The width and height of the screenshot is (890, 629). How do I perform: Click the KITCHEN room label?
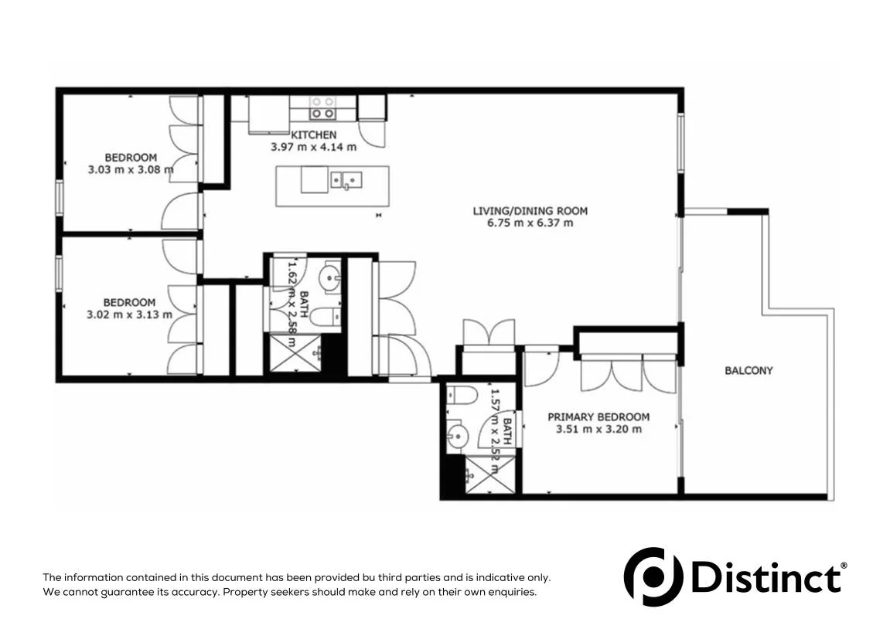pyautogui.click(x=313, y=135)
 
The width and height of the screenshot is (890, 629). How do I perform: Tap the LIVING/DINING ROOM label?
pyautogui.click(x=530, y=210)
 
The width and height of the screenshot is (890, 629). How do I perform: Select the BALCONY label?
pyautogui.click(x=748, y=370)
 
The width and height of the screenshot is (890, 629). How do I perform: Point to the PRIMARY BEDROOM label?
pyautogui.click(x=598, y=417)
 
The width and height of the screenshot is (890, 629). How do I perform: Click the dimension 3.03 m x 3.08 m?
pyautogui.click(x=128, y=169)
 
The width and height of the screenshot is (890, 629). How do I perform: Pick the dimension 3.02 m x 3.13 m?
pyautogui.click(x=128, y=314)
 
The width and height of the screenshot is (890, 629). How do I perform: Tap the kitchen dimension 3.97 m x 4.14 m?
pyautogui.click(x=313, y=147)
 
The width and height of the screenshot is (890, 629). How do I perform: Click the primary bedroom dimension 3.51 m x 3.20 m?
pyautogui.click(x=598, y=430)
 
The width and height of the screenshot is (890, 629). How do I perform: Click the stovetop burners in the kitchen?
pyautogui.click(x=322, y=107)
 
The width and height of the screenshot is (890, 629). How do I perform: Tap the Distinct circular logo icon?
pyautogui.click(x=653, y=576)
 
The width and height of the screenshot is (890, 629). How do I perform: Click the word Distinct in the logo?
pyautogui.click(x=766, y=577)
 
